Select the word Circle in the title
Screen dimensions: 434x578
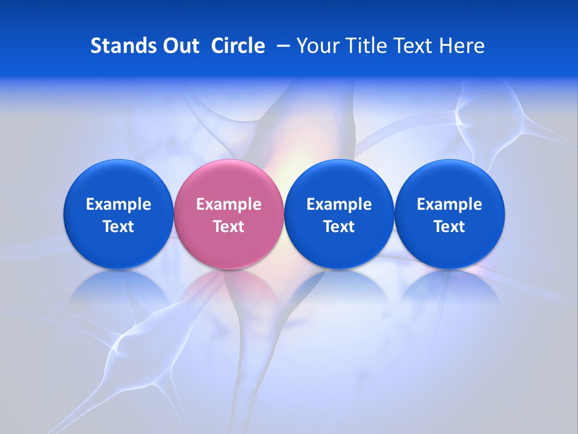pyautogui.click(x=238, y=46)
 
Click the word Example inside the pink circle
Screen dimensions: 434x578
pyautogui.click(x=229, y=204)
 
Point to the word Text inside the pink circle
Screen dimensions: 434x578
pyautogui.click(x=229, y=227)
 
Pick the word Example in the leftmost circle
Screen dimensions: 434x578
pyautogui.click(x=119, y=204)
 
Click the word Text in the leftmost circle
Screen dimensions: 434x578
pyautogui.click(x=119, y=227)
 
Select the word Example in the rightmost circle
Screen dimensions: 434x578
pyautogui.click(x=450, y=204)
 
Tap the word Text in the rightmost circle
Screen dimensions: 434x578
pyautogui.click(x=450, y=227)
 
